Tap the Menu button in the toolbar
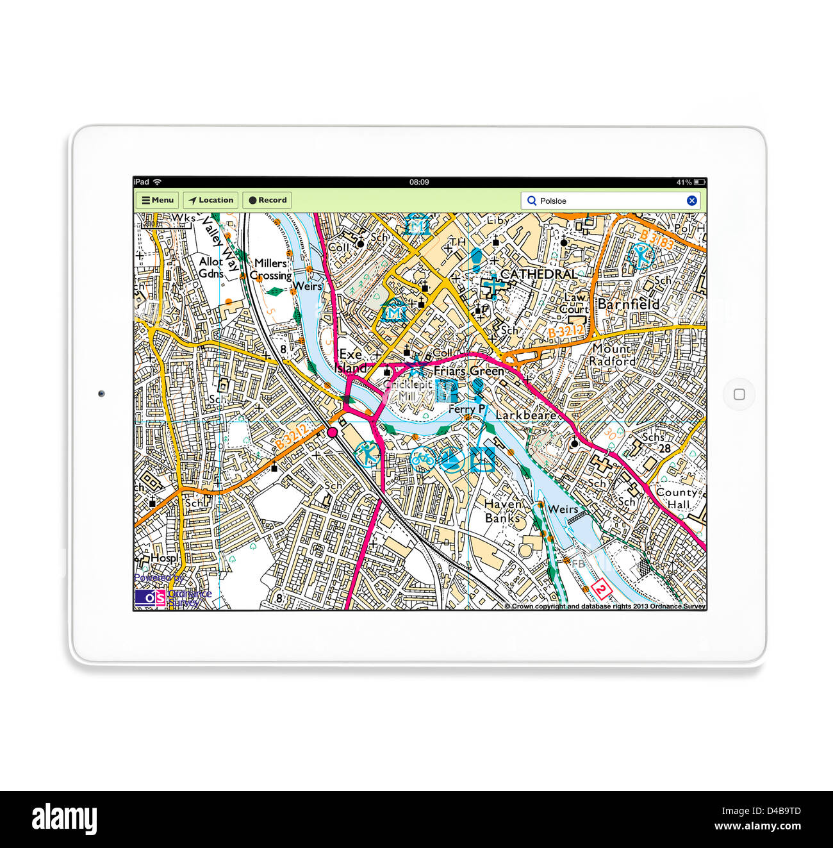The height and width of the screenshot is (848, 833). pos(158,200)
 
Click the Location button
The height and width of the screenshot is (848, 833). pos(211,200)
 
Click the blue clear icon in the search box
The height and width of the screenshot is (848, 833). pos(692,201)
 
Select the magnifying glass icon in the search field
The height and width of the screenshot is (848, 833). pos(531,201)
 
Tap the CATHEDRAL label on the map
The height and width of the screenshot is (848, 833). pos(538,274)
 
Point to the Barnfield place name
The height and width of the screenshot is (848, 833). pos(628,304)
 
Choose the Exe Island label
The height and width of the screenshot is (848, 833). pos(351,362)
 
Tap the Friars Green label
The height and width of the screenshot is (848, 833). pos(468,371)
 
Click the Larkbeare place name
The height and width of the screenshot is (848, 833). pos(525,415)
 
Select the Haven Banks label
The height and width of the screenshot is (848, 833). pos(502,511)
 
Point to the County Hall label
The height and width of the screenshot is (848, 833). pos(677,498)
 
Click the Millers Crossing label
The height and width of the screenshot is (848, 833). pos(271,269)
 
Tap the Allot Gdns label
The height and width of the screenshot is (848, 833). pos(211,267)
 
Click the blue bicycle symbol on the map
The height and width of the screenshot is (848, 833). pos(421,459)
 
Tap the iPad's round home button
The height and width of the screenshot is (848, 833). pos(739,394)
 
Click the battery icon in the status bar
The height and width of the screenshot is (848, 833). pos(699,182)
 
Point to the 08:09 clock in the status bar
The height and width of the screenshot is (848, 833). pos(419,182)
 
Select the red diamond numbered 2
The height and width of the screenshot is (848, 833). pos(600,588)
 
